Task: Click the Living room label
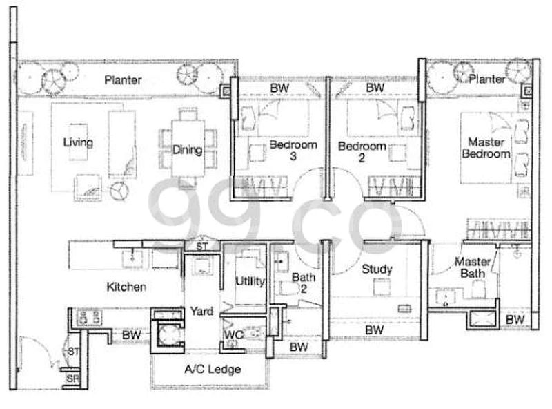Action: (x=78, y=143)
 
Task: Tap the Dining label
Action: (x=188, y=150)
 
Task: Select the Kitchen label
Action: (x=126, y=286)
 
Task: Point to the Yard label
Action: (x=201, y=311)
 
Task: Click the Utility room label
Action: (x=249, y=281)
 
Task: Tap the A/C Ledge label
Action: (x=212, y=370)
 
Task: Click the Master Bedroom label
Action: (x=486, y=148)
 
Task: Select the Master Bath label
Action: (x=472, y=268)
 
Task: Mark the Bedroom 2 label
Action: (x=362, y=153)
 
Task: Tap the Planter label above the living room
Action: (x=124, y=80)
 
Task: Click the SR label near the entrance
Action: (x=72, y=379)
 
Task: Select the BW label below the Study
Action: (x=374, y=331)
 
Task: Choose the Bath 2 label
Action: (x=304, y=283)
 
